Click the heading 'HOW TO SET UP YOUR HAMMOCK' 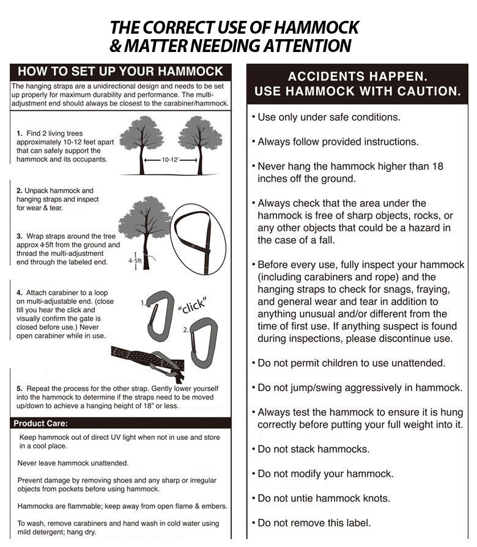coord(120,71)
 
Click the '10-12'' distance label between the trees coord(171,160)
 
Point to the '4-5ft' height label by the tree coord(135,261)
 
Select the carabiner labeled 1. coord(161,315)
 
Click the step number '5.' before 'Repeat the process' coord(20,389)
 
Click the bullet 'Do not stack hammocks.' coord(313,449)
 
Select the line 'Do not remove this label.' coord(314,523)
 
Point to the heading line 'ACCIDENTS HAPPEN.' coord(357,76)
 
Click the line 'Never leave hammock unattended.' coord(73,463)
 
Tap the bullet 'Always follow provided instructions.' coord(338,141)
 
